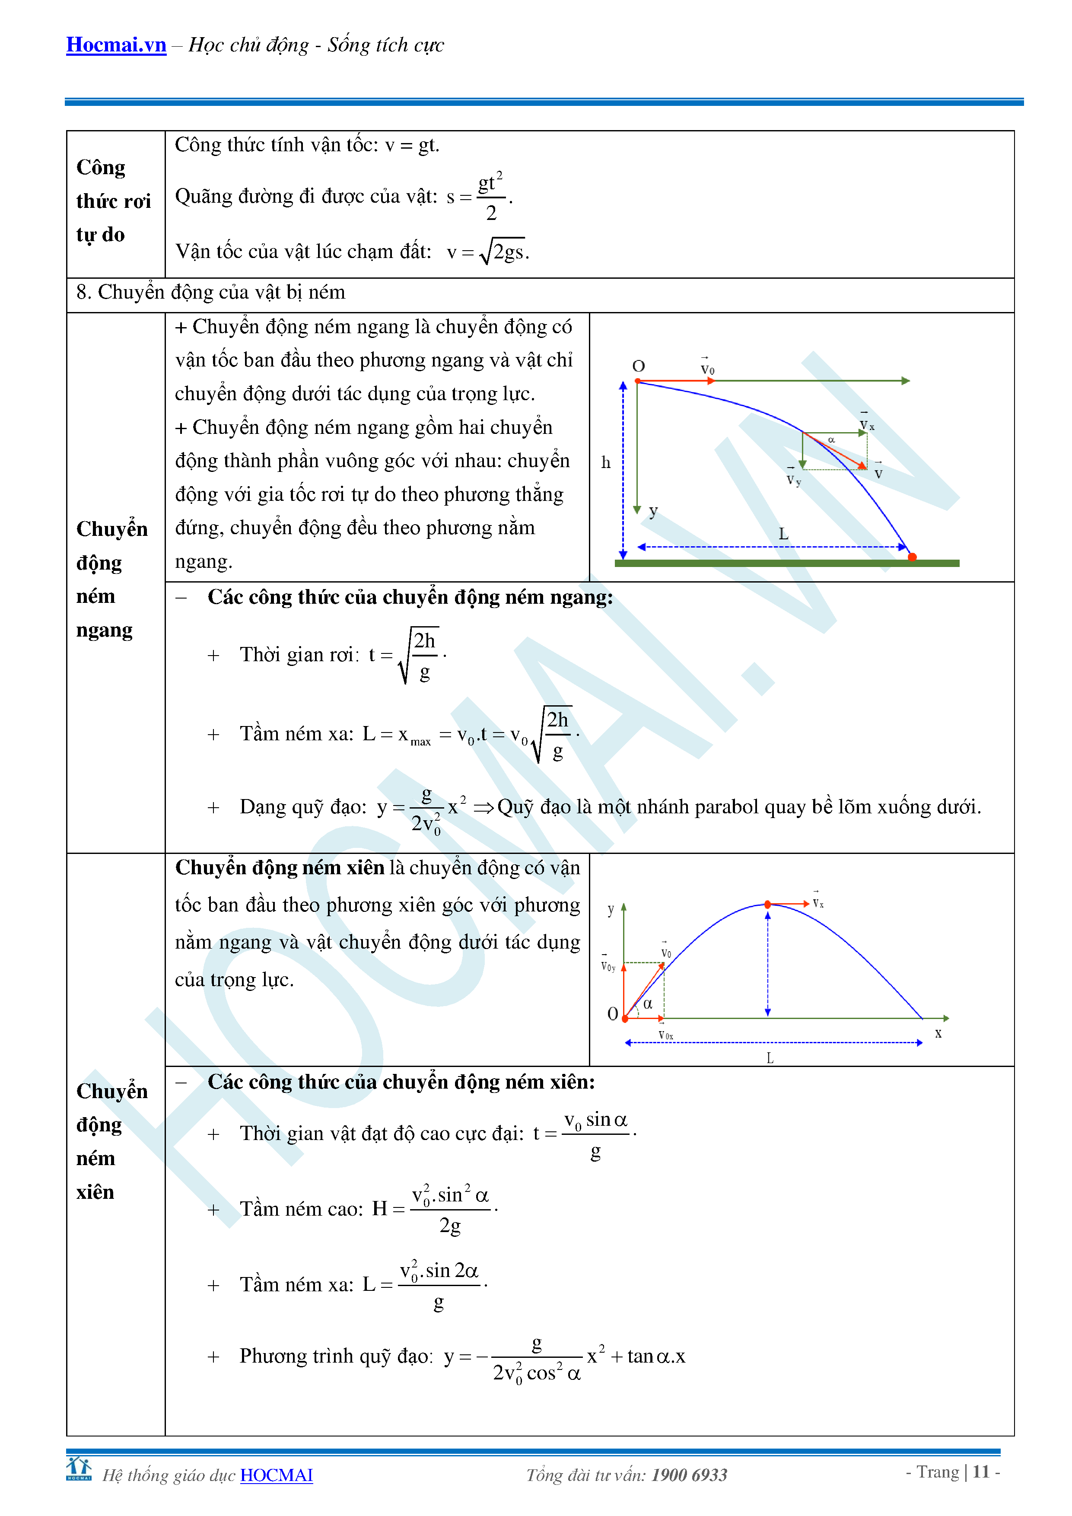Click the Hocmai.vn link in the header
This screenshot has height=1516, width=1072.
(x=116, y=45)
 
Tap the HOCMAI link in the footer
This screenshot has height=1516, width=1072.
(x=276, y=1475)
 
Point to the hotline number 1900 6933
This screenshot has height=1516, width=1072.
(x=689, y=1475)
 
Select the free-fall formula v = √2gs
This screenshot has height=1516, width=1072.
(x=489, y=252)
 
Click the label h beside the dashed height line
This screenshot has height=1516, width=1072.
(x=606, y=463)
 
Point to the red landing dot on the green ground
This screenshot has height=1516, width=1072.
(x=912, y=557)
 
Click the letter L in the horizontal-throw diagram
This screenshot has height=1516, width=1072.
(x=783, y=534)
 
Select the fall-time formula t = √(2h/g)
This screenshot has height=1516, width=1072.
(x=408, y=656)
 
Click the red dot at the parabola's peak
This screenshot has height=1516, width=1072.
(x=768, y=904)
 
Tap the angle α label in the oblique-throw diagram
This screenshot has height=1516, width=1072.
(x=648, y=1004)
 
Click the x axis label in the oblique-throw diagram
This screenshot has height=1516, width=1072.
(x=938, y=1033)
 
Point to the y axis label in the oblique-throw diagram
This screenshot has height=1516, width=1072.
(x=611, y=910)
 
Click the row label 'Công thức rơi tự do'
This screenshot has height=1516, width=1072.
(x=113, y=201)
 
